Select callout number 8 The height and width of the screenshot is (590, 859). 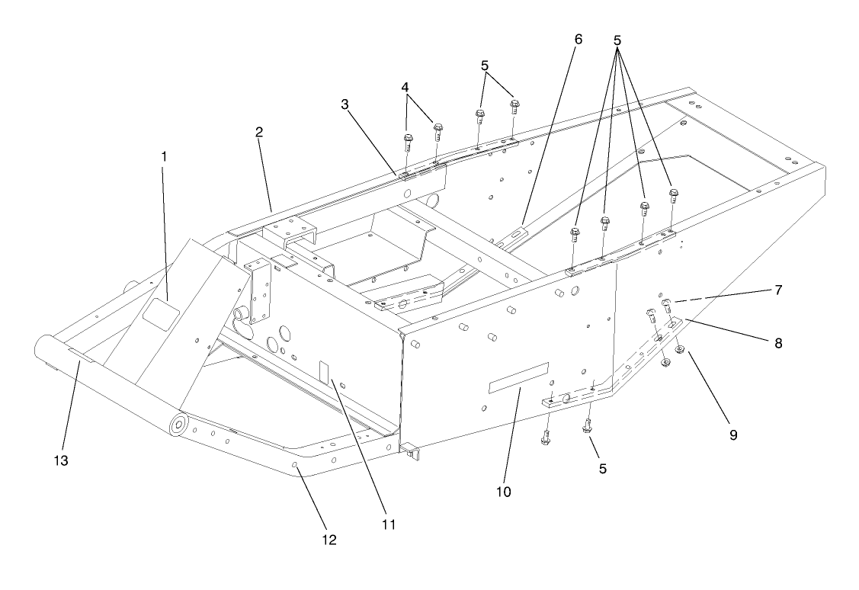point(778,344)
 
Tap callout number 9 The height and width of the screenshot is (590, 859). point(734,435)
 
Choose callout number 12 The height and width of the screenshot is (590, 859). point(329,540)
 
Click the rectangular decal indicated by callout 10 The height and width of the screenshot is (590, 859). point(518,377)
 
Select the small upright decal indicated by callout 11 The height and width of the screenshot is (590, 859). point(322,371)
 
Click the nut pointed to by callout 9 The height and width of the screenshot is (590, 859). point(681,351)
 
